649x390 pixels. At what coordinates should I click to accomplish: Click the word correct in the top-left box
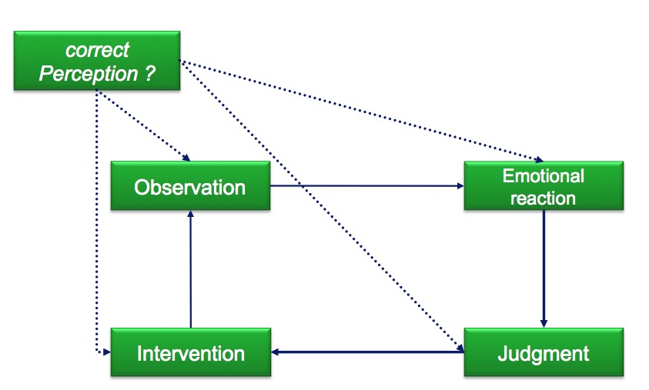point(97,50)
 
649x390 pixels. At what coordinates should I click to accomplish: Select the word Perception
point(89,74)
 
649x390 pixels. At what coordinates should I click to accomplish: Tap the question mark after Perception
point(150,73)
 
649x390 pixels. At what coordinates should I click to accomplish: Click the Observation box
point(190,185)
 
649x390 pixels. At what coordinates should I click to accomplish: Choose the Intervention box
point(191,352)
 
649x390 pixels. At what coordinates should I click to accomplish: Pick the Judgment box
point(544,352)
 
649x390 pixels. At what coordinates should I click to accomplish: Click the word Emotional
point(544,176)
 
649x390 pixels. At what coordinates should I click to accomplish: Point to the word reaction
point(543,198)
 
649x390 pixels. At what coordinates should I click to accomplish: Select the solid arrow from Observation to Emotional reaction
point(367,186)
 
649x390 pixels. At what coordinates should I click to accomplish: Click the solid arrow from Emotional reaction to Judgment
point(544,268)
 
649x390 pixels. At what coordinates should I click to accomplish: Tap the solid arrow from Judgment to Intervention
point(367,352)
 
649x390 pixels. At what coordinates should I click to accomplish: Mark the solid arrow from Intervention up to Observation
point(190,269)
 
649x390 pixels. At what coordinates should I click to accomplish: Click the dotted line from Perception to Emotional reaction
point(361,111)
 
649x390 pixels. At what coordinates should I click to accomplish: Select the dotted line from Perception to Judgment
point(322,206)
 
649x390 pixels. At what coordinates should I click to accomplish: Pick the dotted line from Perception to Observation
point(143,125)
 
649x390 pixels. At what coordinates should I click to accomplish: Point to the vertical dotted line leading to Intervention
point(97,222)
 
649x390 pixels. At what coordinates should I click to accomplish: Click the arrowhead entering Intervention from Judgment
point(276,352)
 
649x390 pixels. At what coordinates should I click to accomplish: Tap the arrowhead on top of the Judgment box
point(544,323)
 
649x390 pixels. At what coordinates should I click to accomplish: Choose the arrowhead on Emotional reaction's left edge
point(460,186)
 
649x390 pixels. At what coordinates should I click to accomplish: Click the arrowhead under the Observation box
point(190,215)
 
